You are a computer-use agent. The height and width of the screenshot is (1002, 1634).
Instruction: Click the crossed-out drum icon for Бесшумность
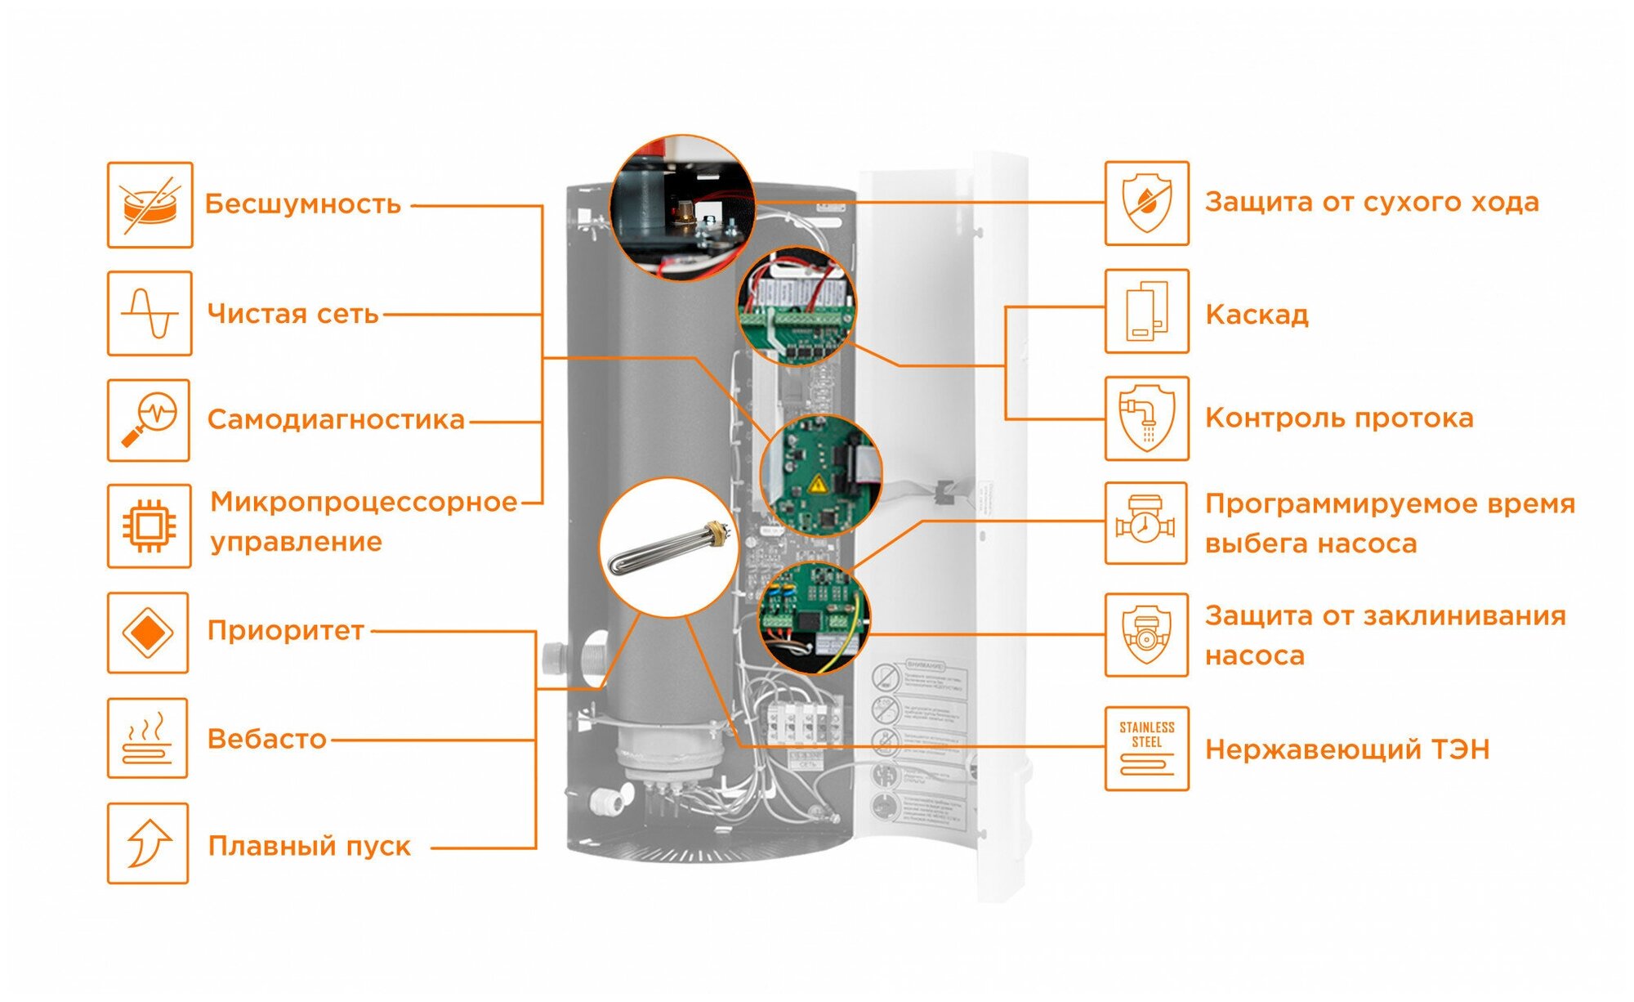click(150, 205)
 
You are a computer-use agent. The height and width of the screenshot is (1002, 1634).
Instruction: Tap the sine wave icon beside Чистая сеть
click(150, 314)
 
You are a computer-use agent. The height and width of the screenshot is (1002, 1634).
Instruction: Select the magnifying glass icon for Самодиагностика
click(149, 420)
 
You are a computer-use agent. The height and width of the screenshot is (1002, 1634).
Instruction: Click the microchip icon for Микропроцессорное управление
click(149, 526)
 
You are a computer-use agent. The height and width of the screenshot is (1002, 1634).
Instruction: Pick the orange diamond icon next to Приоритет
click(148, 633)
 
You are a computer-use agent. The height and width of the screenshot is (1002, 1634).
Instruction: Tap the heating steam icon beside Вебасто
click(147, 738)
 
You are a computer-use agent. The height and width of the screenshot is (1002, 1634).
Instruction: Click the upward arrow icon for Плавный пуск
click(148, 843)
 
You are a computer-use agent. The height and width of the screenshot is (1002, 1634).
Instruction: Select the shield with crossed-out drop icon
click(1146, 204)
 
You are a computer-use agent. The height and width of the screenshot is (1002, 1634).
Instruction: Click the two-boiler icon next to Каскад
click(1146, 311)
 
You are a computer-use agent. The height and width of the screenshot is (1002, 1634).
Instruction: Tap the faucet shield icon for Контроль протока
click(1146, 418)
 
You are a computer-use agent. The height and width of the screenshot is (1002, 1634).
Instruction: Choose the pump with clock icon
click(1145, 523)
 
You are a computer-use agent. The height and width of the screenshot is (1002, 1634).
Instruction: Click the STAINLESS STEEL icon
click(1146, 749)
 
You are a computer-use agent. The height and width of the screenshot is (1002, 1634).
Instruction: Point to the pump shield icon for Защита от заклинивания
click(1146, 635)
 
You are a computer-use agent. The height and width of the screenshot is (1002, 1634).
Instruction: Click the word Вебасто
click(266, 739)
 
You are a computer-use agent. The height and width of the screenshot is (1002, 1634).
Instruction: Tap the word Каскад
click(1257, 315)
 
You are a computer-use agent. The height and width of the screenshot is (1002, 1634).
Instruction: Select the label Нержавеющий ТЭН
click(1347, 749)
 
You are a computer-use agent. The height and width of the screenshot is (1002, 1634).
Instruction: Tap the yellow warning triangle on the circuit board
click(817, 486)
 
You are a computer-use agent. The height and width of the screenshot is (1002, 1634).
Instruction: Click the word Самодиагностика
click(336, 420)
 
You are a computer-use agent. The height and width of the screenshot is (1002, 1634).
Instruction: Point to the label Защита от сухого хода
click(1372, 202)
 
